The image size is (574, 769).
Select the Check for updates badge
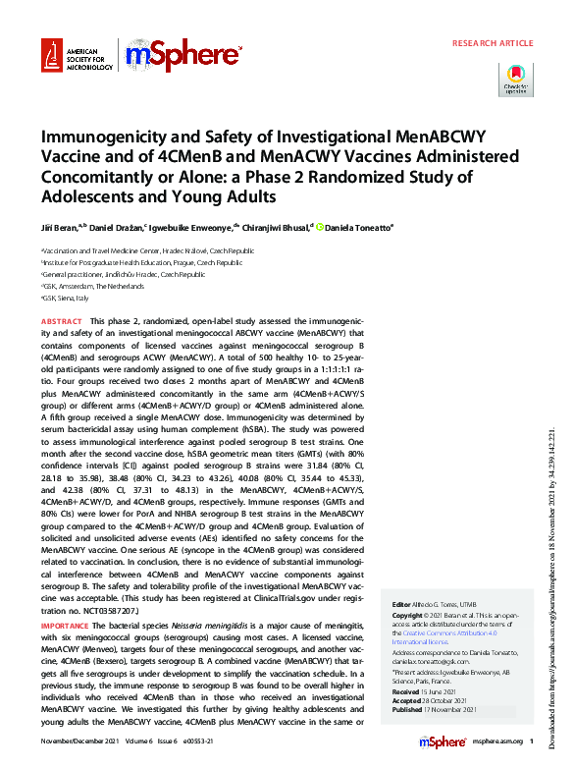[x=516, y=80]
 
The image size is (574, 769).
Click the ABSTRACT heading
[x=61, y=321]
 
